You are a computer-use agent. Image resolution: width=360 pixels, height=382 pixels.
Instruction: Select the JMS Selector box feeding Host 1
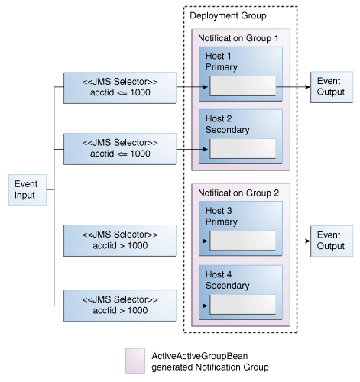coord(120,87)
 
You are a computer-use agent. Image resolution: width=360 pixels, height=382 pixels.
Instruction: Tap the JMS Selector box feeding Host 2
coord(120,149)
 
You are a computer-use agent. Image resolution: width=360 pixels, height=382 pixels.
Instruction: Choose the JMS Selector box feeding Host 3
coord(120,240)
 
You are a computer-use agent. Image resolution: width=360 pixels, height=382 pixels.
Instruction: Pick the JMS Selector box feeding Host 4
coord(120,302)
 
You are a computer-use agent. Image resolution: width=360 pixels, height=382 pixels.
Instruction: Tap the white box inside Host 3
coord(242,240)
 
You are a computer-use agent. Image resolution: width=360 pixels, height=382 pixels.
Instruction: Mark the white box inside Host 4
coord(242,303)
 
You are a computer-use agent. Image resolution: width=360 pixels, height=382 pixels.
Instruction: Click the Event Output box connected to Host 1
coord(329,87)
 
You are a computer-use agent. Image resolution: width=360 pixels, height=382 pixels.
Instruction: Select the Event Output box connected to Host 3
coord(329,240)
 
